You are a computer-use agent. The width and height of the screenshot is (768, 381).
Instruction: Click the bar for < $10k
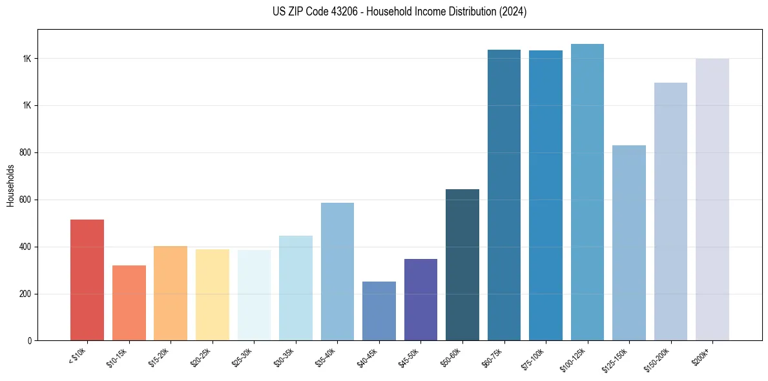coord(87,280)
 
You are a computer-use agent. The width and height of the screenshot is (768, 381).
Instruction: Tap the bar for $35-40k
coord(337,272)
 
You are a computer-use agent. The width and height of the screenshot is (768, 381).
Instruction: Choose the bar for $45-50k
coord(420,300)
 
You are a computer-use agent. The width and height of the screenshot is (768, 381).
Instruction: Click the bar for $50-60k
coord(462,265)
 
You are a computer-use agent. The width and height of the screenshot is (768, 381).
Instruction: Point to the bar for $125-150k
coord(629,243)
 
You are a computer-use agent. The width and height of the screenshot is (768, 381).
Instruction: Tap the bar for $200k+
coord(712,200)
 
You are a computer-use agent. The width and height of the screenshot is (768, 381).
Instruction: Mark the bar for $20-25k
coord(212,295)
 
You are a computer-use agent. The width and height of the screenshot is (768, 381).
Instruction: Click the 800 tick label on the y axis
coord(25,153)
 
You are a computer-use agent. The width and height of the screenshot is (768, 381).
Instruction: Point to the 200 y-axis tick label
coord(25,294)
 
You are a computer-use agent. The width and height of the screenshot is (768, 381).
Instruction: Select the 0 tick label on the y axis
coord(30,341)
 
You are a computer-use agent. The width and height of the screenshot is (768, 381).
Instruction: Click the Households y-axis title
coord(11,185)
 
